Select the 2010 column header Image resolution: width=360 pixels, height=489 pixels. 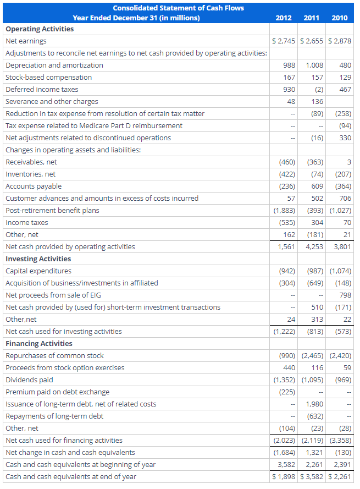[x=340, y=18]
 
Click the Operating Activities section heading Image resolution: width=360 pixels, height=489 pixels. [x=40, y=29]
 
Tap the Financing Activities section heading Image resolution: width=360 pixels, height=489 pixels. [x=39, y=343]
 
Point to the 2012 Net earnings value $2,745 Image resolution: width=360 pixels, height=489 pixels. [x=284, y=41]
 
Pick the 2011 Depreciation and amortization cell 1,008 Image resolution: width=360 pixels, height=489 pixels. [x=314, y=65]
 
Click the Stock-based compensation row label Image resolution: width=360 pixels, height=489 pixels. [x=49, y=77]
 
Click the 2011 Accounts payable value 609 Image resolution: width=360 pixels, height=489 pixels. [x=317, y=186]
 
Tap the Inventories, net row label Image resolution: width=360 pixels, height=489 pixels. [x=31, y=174]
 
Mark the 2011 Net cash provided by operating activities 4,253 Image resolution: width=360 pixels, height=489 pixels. [x=314, y=246]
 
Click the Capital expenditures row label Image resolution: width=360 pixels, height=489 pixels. [x=38, y=271]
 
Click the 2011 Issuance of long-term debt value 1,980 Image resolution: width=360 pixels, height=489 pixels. [x=314, y=404]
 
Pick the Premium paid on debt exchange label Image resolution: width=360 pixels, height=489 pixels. [x=58, y=392]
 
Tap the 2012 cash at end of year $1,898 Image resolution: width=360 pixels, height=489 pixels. [x=284, y=476]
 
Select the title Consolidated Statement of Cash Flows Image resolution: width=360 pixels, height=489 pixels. [x=179, y=8]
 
